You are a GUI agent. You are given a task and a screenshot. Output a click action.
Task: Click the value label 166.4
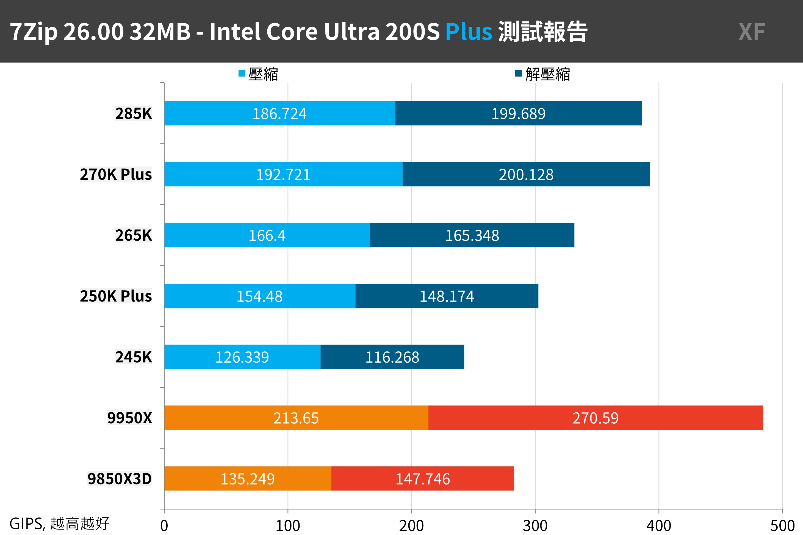[267, 235]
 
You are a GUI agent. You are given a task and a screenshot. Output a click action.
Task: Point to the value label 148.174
[447, 296]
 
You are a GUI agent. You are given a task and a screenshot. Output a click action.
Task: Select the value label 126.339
[242, 357]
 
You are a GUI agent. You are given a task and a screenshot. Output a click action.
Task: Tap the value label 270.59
[595, 418]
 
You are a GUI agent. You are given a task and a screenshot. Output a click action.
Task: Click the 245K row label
[133, 357]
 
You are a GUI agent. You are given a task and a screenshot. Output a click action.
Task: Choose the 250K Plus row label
[116, 296]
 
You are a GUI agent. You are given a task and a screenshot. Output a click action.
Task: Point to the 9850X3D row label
[120, 479]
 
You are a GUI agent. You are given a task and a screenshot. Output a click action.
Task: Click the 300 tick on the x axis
[535, 525]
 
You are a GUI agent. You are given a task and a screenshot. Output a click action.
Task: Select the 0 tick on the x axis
[164, 525]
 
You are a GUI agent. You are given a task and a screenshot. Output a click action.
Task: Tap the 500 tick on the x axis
[782, 525]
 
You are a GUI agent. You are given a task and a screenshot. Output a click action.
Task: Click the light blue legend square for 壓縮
[242, 73]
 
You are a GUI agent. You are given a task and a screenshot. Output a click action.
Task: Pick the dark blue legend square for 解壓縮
[518, 73]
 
